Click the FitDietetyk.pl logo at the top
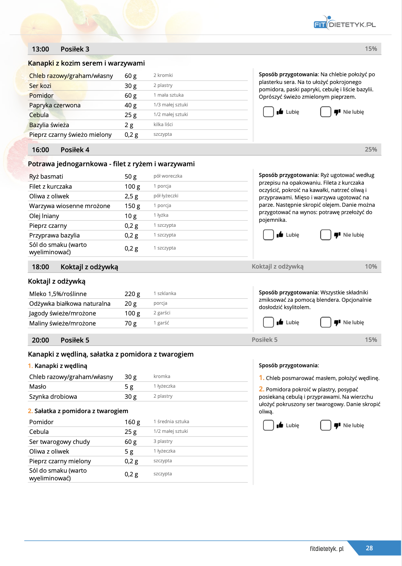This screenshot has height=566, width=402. click(x=345, y=23)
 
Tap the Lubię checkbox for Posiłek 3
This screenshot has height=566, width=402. click(x=268, y=112)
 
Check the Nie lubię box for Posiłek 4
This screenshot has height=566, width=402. click(x=326, y=235)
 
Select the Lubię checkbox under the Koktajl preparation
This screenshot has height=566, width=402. click(x=268, y=322)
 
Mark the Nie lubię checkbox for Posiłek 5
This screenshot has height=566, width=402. click(x=326, y=425)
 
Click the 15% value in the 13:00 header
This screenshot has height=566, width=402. click(x=371, y=49)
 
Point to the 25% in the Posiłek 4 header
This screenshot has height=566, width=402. click(x=371, y=150)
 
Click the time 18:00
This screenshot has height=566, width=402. click(x=40, y=267)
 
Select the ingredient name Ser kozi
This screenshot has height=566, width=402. click(x=40, y=86)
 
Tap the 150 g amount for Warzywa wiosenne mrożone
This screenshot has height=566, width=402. click(x=132, y=206)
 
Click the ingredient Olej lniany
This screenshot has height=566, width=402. click(x=44, y=216)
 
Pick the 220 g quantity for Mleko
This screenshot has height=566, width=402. click(x=132, y=294)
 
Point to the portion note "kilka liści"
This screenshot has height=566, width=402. click(x=163, y=124)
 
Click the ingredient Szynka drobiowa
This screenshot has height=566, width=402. click(x=53, y=397)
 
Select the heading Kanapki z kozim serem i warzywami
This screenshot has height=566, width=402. click(x=86, y=63)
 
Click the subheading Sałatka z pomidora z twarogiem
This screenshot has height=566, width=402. click(x=81, y=411)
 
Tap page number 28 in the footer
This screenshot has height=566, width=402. click(x=369, y=548)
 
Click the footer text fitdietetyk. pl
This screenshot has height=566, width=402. click(x=327, y=549)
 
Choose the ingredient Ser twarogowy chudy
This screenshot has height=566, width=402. click(x=59, y=442)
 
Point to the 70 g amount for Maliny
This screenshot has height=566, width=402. click(x=131, y=323)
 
